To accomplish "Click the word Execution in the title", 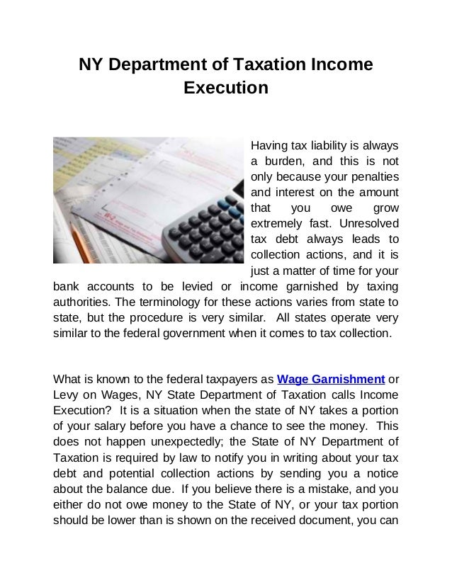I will [x=226, y=90].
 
